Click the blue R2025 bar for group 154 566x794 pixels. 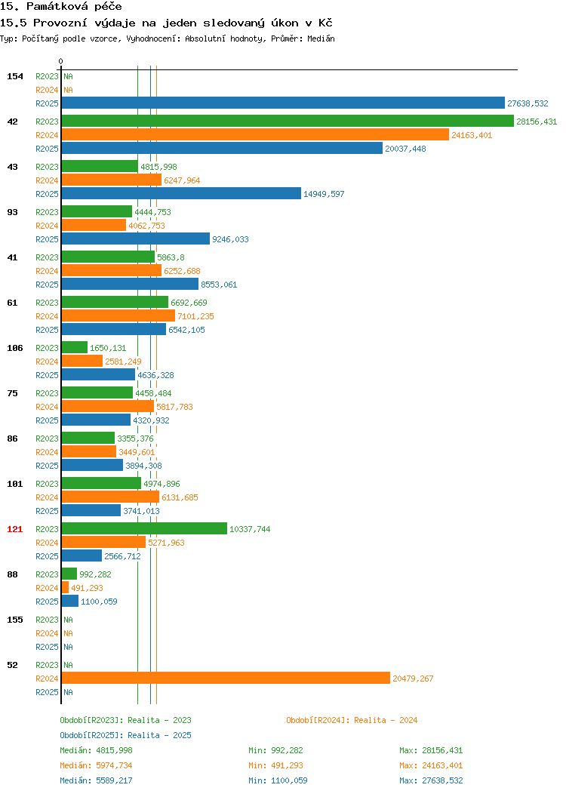[283, 103]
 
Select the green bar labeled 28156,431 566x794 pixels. [288, 121]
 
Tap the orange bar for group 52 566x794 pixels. [226, 678]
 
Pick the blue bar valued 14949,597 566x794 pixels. [181, 193]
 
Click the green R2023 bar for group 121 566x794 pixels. [144, 528]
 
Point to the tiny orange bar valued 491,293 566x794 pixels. [66, 587]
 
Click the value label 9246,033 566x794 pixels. [230, 239]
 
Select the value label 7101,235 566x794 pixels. [195, 316]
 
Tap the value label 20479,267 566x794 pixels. [413, 679]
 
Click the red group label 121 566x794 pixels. [14, 529]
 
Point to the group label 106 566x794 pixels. [14, 348]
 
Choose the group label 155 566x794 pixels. [14, 620]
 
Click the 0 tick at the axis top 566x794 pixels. [61, 61]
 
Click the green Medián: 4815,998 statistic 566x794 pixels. [96, 750]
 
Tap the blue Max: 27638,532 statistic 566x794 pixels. [431, 781]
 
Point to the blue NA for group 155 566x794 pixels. [69, 647]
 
